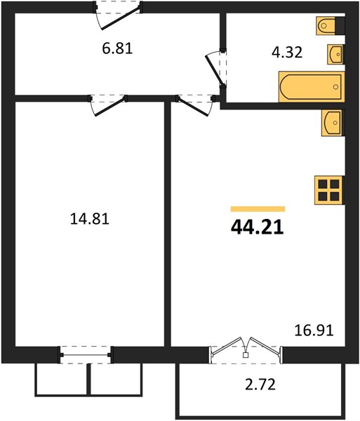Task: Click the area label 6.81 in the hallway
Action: pyautogui.click(x=118, y=49)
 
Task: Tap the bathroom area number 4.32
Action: pyautogui.click(x=287, y=53)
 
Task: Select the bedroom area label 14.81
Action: pyautogui.click(x=90, y=218)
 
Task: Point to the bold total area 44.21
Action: pyautogui.click(x=257, y=227)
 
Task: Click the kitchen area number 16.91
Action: pyautogui.click(x=314, y=330)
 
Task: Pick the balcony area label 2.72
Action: pyautogui.click(x=260, y=385)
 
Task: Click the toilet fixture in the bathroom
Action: pyautogui.click(x=326, y=26)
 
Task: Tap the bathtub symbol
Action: pyautogui.click(x=312, y=87)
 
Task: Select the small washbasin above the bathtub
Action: pyautogui.click(x=335, y=54)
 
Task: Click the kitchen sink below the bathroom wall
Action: pyautogui.click(x=332, y=123)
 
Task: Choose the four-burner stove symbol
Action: pyautogui.click(x=329, y=190)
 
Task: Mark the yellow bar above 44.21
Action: pyautogui.click(x=258, y=209)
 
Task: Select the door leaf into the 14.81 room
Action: pyautogui.click(x=110, y=107)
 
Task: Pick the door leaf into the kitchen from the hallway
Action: pyautogui.click(x=193, y=107)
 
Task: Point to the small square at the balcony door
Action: pyautogui.click(x=246, y=355)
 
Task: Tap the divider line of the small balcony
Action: pyautogui.click(x=88, y=379)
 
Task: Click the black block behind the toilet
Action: pyautogui.click(x=340, y=26)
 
